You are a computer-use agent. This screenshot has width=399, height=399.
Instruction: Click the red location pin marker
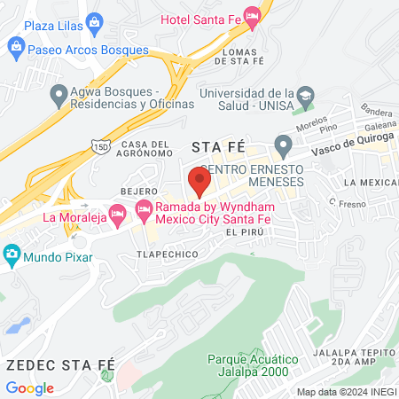tap(199, 181)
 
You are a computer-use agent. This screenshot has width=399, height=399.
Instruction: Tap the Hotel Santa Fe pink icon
tap(253, 17)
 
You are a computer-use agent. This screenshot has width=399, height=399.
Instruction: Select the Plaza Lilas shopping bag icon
tap(92, 20)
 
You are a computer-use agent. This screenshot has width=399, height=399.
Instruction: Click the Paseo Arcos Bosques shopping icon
tap(15, 45)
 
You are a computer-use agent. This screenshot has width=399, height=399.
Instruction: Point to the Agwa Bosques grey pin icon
tap(59, 92)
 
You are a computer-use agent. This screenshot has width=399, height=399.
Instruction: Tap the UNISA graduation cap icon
tap(306, 95)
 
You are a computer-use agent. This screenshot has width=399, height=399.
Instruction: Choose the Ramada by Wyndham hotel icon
tap(143, 211)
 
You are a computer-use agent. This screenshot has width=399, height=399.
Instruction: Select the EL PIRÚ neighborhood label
tap(246, 231)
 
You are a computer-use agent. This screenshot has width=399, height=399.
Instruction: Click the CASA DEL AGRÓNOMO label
tap(145, 148)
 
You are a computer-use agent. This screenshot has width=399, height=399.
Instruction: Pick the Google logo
tap(30, 388)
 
